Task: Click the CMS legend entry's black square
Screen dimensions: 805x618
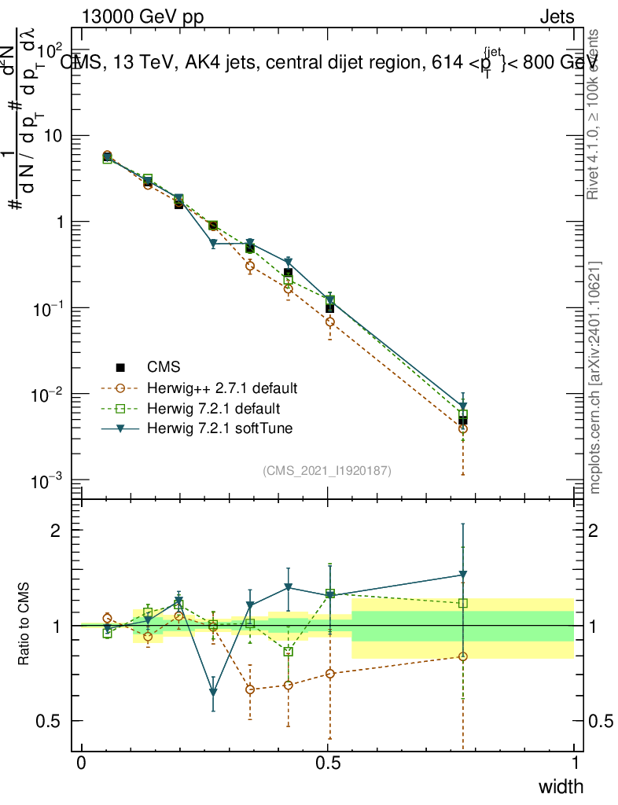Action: tap(120, 367)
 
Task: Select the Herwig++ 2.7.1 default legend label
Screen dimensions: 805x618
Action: tap(221, 388)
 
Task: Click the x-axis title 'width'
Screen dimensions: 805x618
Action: tap(561, 786)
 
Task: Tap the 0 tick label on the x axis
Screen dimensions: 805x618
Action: tap(82, 763)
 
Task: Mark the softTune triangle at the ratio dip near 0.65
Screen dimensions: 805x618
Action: tap(213, 693)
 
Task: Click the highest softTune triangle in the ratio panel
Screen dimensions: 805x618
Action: tap(463, 575)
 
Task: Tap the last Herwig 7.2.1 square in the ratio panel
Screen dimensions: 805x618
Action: tap(463, 603)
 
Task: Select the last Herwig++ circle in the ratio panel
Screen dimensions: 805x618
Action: tap(463, 656)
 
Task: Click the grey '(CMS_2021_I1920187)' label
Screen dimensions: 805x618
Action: tap(327, 470)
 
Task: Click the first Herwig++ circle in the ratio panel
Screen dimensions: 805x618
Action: tap(107, 618)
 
